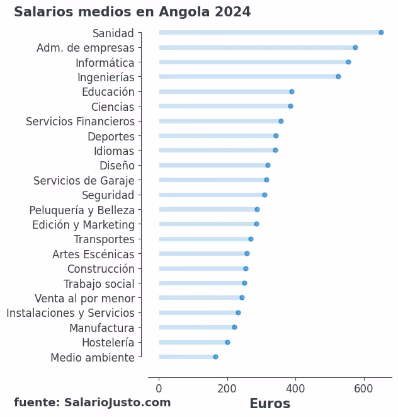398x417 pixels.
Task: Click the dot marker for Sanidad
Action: click(x=381, y=33)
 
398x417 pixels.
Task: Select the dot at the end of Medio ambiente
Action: click(x=215, y=357)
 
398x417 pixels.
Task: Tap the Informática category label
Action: click(x=105, y=62)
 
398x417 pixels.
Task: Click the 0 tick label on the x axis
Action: click(x=159, y=389)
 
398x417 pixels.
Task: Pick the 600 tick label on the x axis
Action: click(x=363, y=389)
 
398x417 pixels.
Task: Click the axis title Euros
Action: click(x=270, y=404)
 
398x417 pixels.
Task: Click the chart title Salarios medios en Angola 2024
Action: click(x=132, y=12)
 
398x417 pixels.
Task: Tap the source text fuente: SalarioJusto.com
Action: click(x=92, y=403)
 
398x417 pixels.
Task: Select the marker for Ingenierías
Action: click(x=338, y=77)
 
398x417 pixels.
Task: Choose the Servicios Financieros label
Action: click(x=80, y=122)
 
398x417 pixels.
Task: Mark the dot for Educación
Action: click(x=292, y=92)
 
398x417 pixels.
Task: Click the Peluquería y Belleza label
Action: click(x=82, y=210)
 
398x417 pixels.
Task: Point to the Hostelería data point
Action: click(x=227, y=343)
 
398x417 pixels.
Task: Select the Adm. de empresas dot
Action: click(x=355, y=48)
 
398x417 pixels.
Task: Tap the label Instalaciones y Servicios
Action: click(x=71, y=313)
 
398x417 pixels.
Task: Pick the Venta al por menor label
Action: click(x=84, y=299)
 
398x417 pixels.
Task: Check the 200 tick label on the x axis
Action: click(x=227, y=389)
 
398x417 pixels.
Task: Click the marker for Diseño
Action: click(x=268, y=166)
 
